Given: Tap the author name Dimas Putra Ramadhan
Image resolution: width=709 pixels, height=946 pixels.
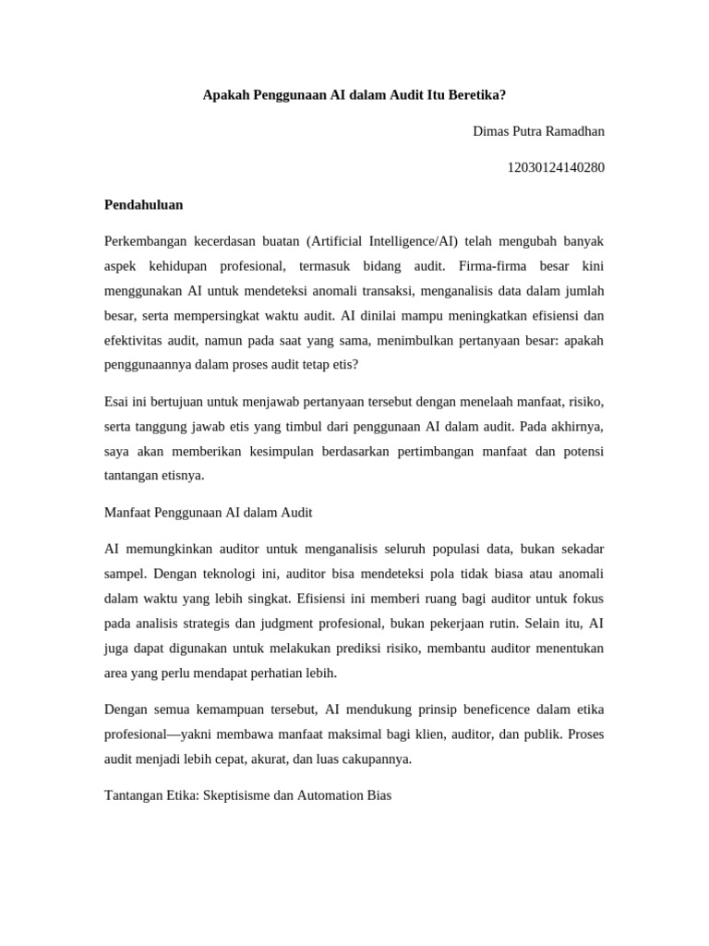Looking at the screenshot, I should [538, 131].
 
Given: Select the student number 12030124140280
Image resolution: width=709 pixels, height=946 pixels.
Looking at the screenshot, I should [556, 167].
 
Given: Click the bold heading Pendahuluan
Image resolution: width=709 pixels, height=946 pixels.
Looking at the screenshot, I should [143, 204].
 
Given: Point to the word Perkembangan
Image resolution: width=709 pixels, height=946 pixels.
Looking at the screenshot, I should [144, 241].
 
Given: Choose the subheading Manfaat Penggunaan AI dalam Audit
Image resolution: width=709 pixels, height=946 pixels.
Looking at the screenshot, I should [208, 512].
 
